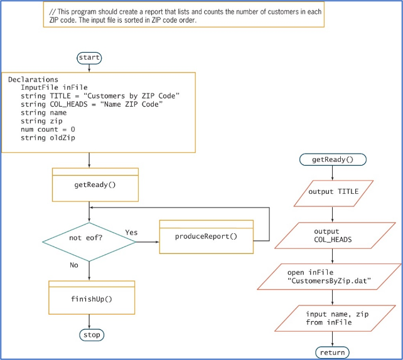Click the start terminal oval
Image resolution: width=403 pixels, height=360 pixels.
click(89, 58)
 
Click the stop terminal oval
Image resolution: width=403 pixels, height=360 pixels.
click(92, 335)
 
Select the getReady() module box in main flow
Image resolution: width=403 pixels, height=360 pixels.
click(95, 185)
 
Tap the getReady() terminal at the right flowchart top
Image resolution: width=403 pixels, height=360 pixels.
click(333, 159)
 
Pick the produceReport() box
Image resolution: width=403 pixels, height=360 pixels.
click(206, 236)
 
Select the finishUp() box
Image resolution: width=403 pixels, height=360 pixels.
click(92, 299)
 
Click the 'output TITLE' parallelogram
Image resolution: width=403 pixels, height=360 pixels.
click(333, 193)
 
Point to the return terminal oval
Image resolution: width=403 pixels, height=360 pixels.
click(332, 352)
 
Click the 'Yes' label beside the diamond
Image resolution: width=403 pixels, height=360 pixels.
click(131, 233)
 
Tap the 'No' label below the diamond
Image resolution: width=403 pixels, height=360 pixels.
click(74, 265)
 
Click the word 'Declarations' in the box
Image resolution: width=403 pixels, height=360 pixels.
click(33, 80)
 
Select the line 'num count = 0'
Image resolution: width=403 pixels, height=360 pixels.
click(48, 129)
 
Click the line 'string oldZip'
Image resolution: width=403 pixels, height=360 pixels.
click(48, 137)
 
